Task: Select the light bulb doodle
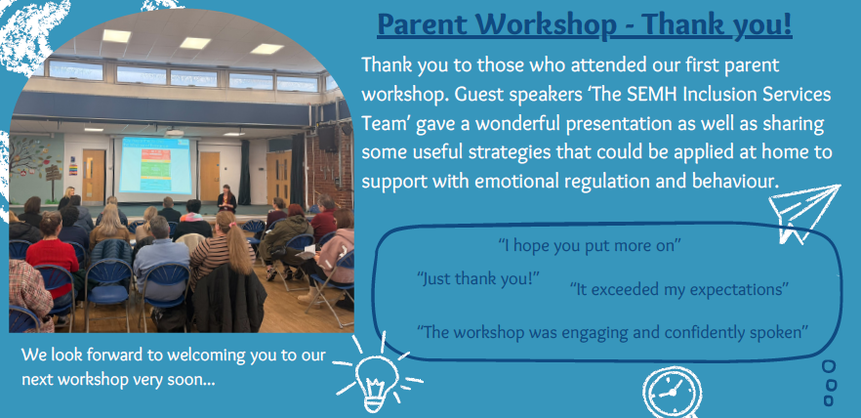point(379,374)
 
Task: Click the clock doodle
point(672,393)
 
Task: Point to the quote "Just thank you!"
point(478,278)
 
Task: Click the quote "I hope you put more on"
point(590,245)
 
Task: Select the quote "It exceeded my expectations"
point(679,288)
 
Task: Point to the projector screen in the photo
point(156,165)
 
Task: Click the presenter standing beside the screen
point(225,199)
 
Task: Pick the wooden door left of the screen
point(94,176)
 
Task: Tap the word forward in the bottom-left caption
point(113,355)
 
